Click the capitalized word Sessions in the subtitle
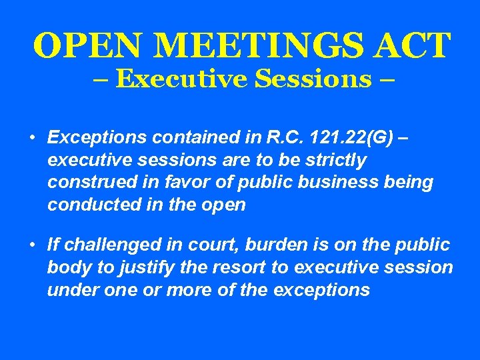(313, 79)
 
